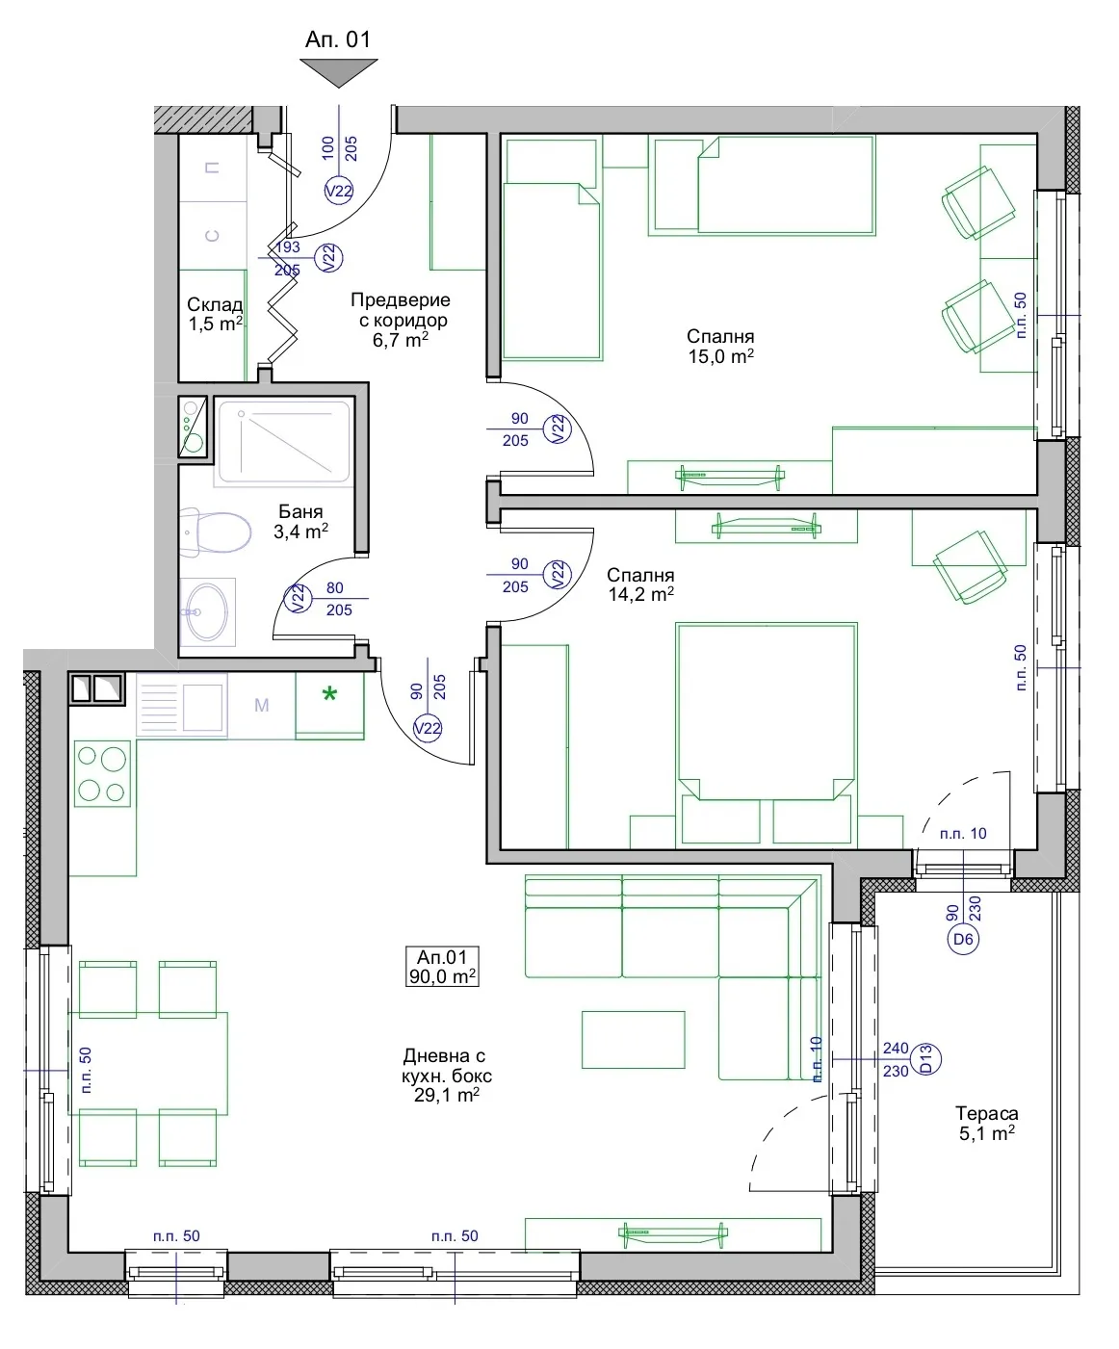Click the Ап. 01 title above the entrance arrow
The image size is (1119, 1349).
coord(338,39)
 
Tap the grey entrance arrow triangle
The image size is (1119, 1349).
coord(339,71)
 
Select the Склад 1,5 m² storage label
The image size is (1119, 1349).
coord(215,314)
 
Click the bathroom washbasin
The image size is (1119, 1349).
coord(207,611)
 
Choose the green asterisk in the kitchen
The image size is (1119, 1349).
coord(329,695)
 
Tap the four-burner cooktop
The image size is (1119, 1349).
coord(102,773)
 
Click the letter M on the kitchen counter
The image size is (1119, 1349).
coord(262,706)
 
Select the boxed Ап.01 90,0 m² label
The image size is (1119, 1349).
coord(443,966)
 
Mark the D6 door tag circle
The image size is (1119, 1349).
coord(963,939)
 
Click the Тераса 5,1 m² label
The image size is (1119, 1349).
coord(986,1123)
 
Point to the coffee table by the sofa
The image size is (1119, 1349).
coord(633,1040)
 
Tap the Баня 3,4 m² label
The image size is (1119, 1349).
coord(301,521)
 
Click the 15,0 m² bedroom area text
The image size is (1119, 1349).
coord(721,356)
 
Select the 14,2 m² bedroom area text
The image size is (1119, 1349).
coord(641,594)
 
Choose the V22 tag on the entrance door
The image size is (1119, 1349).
coord(339,191)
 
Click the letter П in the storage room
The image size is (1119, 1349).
coord(212,168)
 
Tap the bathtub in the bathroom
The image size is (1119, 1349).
coord(284,442)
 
